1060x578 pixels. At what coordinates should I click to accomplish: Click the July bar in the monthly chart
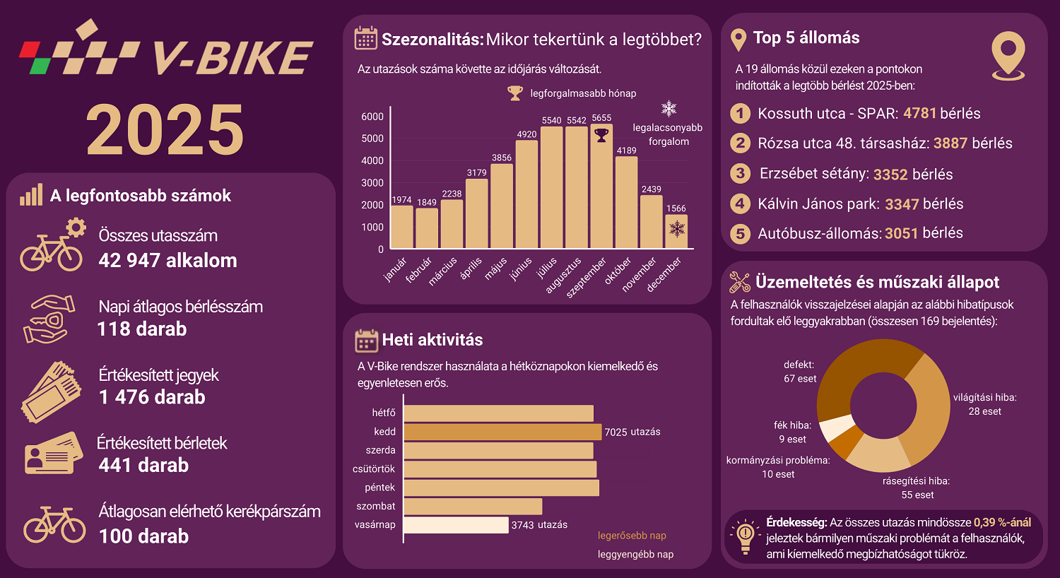[x=551, y=188]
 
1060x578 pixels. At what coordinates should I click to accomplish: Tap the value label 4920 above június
[x=526, y=134]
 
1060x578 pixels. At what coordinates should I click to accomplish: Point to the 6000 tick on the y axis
[x=372, y=117]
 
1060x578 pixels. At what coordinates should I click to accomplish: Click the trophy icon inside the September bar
[x=601, y=135]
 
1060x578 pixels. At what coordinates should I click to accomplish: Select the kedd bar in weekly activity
[x=502, y=432]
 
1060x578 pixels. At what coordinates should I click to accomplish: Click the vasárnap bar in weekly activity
[x=456, y=525]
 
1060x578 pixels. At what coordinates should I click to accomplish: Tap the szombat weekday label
[x=376, y=506]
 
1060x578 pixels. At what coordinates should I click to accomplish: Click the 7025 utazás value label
[x=632, y=432]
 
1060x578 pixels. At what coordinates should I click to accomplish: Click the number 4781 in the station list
[x=919, y=113]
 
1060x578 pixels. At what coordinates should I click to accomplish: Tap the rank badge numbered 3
[x=740, y=173]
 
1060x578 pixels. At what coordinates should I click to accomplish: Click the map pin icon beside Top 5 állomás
[x=1008, y=56]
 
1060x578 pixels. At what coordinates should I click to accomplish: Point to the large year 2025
[x=165, y=130]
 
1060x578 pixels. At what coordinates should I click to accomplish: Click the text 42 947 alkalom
[x=168, y=260]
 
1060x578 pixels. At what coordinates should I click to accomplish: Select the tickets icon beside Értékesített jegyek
[x=51, y=391]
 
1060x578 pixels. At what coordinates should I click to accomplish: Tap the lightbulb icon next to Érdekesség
[x=745, y=538]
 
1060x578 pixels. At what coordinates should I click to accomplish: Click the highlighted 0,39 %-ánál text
[x=1002, y=522]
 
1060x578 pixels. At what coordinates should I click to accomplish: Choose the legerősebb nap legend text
[x=632, y=536]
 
